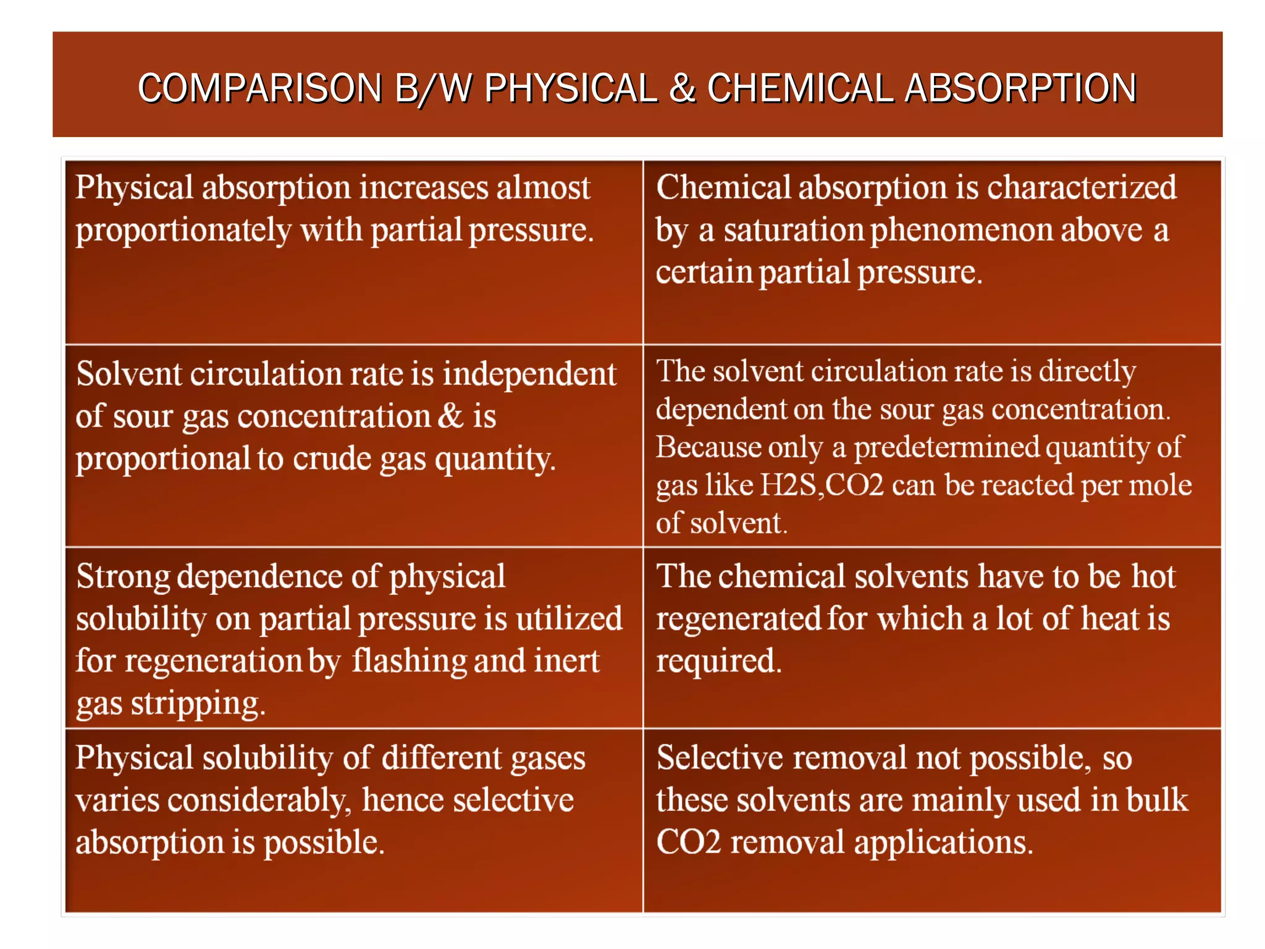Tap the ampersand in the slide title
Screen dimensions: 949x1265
[682, 88]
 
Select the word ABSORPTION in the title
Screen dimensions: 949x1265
[1020, 88]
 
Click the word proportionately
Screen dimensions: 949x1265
[183, 231]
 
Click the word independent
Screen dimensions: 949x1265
[529, 374]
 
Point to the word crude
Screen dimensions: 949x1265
[332, 459]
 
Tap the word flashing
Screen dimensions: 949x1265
[410, 661]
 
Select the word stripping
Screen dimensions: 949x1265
[198, 704]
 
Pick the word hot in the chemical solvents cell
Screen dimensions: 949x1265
[1153, 576]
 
